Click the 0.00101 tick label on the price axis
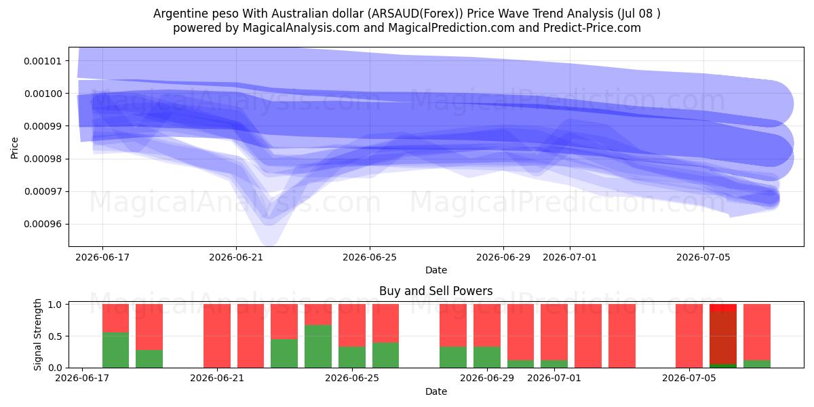point(43,61)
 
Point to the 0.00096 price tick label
point(43,225)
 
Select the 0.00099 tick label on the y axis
point(43,126)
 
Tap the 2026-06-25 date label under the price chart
point(370,257)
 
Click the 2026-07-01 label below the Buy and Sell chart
point(554,378)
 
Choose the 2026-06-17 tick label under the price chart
point(102,257)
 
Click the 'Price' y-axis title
point(14,148)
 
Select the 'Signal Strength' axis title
point(37,334)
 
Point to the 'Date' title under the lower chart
point(436,391)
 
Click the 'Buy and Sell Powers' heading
point(436,291)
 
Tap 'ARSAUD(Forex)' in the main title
point(415,14)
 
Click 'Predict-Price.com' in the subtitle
point(592,28)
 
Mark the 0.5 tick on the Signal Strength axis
point(55,336)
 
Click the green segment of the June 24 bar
point(318,346)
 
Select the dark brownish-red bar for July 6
point(723,338)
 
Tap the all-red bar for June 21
point(217,336)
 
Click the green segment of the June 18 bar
point(115,350)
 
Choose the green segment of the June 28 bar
point(453,357)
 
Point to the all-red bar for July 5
point(689,336)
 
